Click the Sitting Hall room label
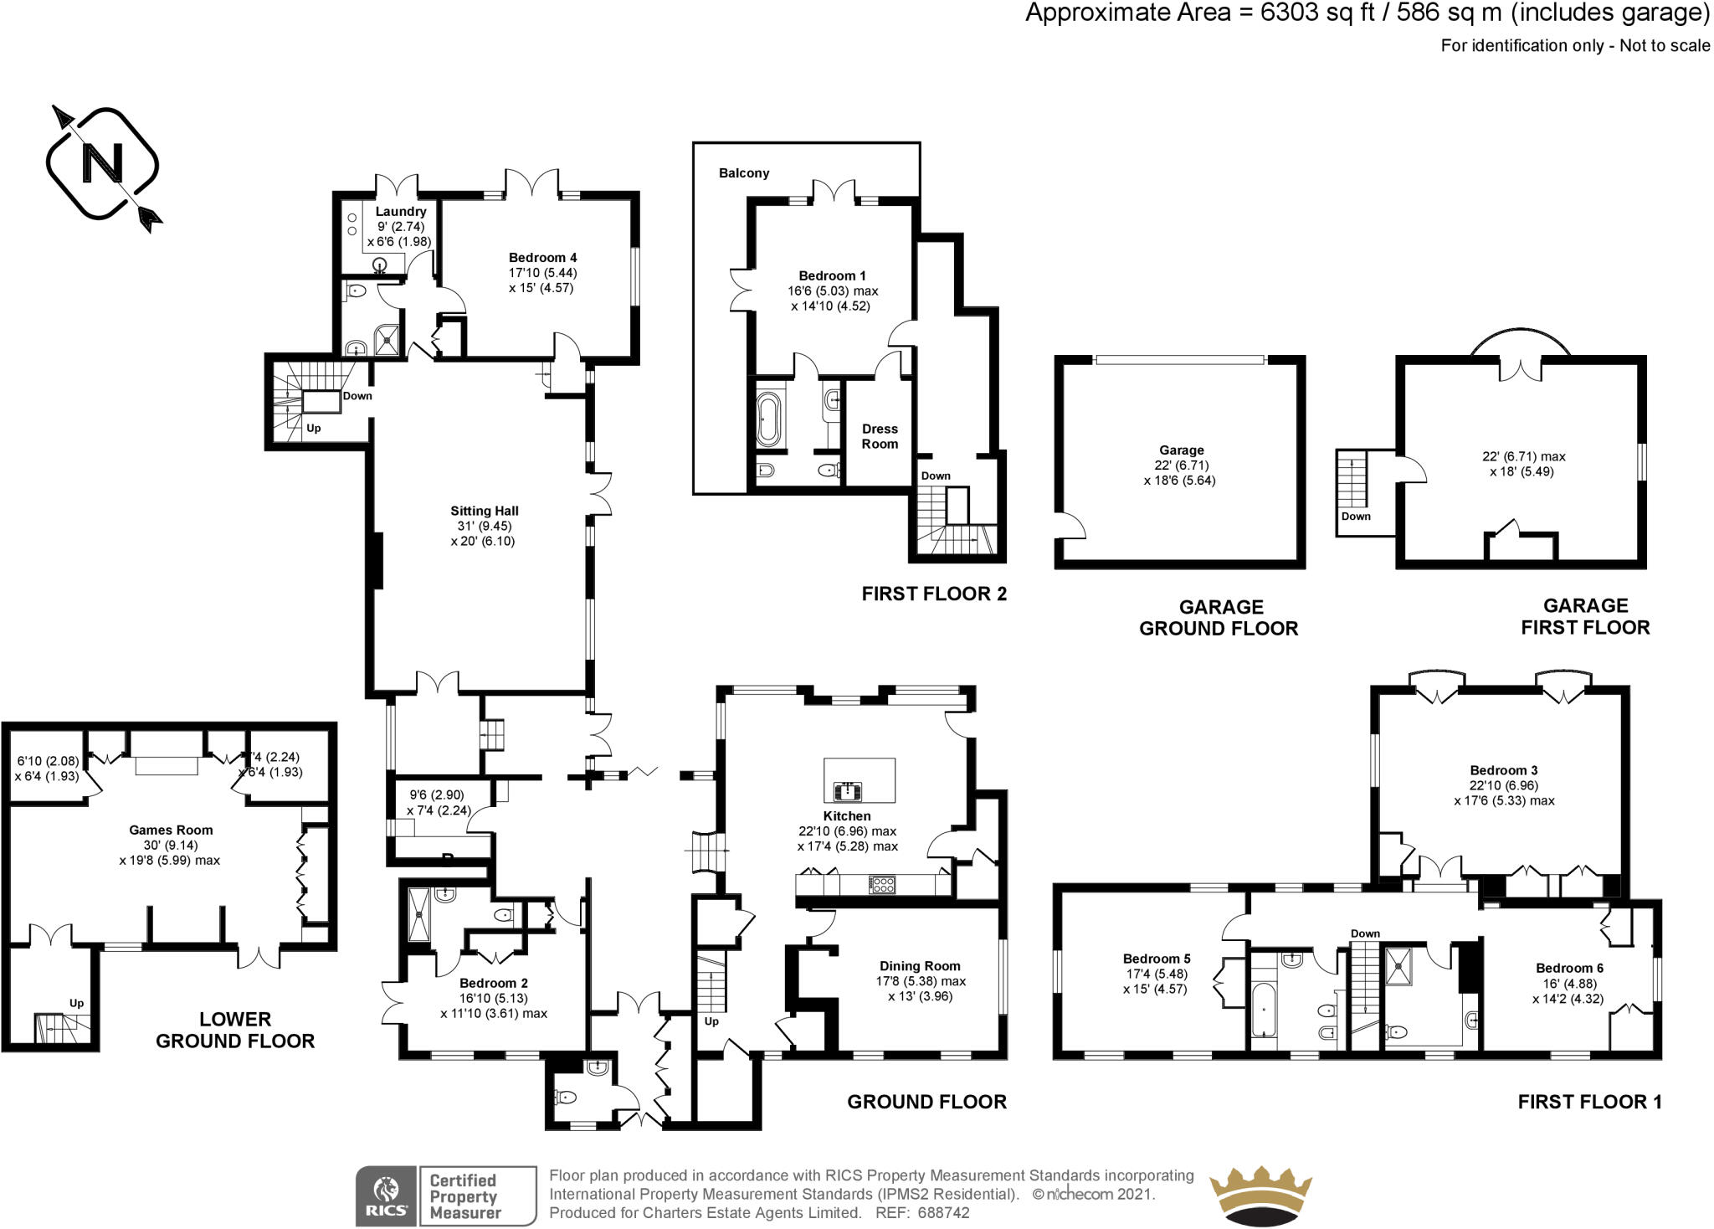tap(484, 511)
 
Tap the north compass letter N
tap(103, 163)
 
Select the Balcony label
tap(743, 173)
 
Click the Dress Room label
tap(880, 436)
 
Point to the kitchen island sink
tap(848, 789)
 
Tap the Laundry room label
tap(400, 212)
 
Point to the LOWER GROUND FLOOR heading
tap(235, 1030)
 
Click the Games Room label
tap(171, 830)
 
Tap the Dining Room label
tap(919, 965)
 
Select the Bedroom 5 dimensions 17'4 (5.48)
tap(1156, 974)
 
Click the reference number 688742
tap(943, 1212)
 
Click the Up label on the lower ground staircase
tap(76, 1003)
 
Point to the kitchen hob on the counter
tap(881, 885)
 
